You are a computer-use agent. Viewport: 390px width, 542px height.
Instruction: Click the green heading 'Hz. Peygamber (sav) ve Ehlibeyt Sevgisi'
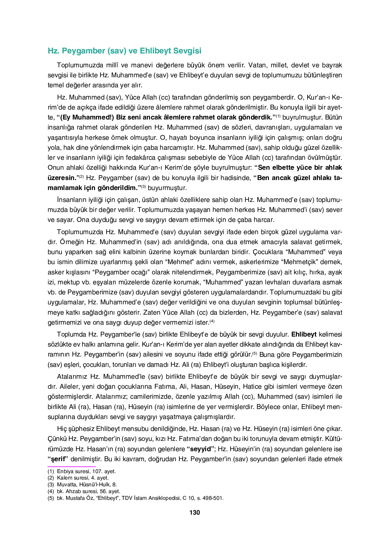tap(124, 51)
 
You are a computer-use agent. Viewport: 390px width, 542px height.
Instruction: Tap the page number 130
tap(195, 512)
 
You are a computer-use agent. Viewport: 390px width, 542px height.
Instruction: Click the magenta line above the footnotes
tap(71, 466)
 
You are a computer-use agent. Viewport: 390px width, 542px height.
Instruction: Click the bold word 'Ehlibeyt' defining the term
tap(304, 334)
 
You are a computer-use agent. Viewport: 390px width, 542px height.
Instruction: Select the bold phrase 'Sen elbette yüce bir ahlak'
tap(298, 167)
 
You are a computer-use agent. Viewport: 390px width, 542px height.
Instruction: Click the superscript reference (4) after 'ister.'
tap(212, 321)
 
